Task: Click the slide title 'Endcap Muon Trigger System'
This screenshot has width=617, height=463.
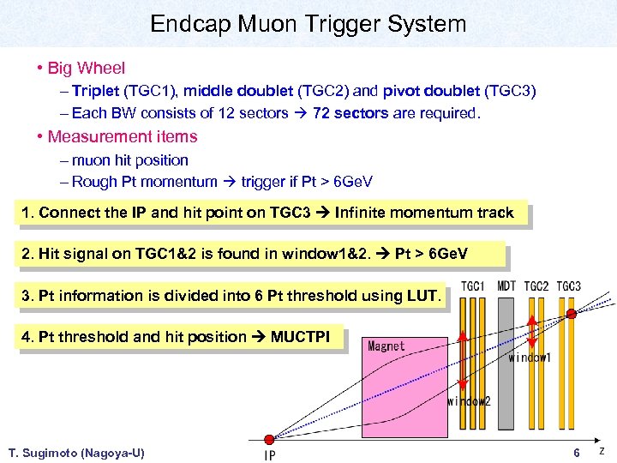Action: (x=308, y=23)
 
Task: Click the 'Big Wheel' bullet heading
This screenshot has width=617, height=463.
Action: (x=86, y=68)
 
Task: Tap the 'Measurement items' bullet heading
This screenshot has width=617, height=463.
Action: (x=122, y=136)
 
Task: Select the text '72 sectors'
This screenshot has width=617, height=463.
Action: (x=352, y=113)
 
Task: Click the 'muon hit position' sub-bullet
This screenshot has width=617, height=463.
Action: (x=129, y=159)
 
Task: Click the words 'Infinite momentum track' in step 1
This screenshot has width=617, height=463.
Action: (x=424, y=213)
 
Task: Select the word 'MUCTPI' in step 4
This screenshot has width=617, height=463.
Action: (x=300, y=337)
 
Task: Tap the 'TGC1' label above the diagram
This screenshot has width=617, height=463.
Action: (x=473, y=286)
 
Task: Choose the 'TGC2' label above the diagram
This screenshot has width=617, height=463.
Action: (x=536, y=286)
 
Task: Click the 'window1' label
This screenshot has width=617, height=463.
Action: (x=530, y=358)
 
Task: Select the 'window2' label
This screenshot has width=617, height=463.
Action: (x=468, y=400)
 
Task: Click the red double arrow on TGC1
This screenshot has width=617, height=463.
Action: (x=464, y=360)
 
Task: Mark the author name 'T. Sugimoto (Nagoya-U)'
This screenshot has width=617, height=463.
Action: (x=75, y=453)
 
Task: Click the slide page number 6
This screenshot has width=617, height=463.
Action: (x=577, y=452)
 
